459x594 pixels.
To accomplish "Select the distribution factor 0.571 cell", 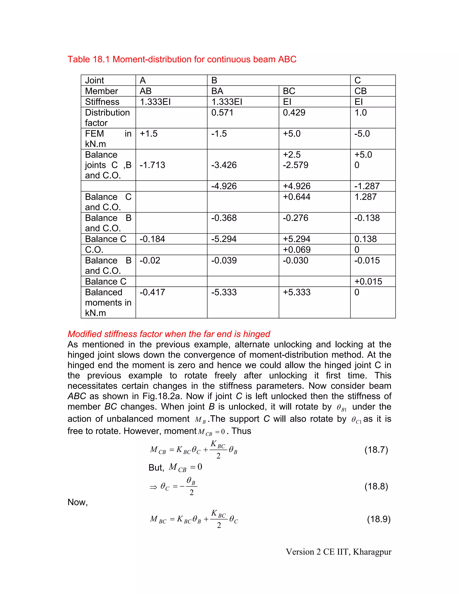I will [222, 113].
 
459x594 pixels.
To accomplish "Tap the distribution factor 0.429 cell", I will [294, 113].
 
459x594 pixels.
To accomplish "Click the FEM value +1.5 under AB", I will [148, 134].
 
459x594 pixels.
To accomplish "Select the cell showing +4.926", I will [296, 186].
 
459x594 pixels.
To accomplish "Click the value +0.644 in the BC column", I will [296, 197].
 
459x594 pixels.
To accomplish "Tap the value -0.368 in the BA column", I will [224, 218].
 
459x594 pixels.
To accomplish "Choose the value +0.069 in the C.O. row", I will [296, 250].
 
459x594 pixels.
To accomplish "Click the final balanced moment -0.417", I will [152, 292].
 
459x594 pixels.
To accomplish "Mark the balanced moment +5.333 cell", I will [296, 292].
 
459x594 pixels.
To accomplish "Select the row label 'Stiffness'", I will [102, 102].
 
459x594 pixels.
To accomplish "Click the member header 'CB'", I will [360, 91].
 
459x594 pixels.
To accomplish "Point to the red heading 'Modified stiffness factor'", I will [169, 334].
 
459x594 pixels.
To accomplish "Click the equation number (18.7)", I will [376, 450].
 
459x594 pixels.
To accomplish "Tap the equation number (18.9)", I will [379, 519].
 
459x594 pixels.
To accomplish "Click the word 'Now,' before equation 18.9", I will [78, 502].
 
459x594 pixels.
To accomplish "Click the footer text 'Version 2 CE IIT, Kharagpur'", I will [338, 552].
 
